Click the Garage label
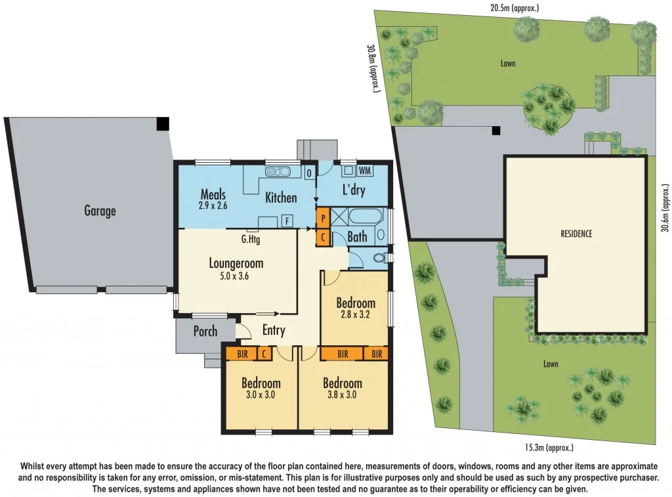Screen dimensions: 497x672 [100, 211]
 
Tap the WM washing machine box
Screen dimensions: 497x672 [365, 171]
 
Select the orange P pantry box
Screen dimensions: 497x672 [323, 216]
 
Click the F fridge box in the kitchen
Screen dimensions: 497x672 [287, 221]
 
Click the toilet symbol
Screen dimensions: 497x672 [379, 259]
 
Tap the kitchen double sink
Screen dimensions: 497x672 [279, 172]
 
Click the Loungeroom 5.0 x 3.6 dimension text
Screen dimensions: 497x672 [236, 276]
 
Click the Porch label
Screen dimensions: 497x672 [205, 331]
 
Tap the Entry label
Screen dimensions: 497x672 [274, 330]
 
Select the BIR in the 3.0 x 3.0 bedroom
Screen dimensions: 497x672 [241, 354]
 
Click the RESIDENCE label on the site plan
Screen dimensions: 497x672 [576, 233]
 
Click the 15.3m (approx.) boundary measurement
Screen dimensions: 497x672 [549, 448]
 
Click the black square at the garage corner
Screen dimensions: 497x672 [163, 123]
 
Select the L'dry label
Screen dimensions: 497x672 [354, 190]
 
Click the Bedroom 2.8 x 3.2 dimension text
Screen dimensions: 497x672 [356, 314]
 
